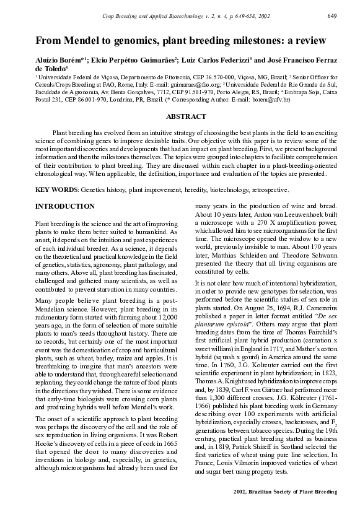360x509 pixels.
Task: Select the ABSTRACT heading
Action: click(186, 116)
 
